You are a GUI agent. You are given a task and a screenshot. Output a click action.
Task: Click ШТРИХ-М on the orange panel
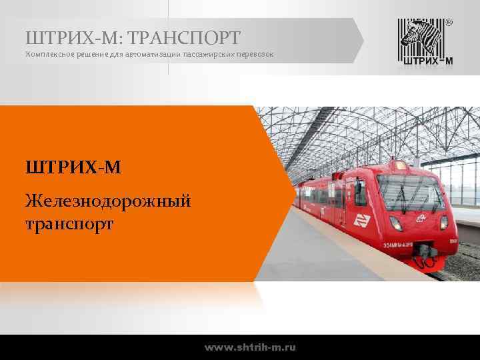tap(73, 165)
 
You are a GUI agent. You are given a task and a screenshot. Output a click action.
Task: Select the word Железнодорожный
tap(107, 199)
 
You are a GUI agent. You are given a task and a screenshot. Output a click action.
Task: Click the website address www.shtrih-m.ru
tap(251, 347)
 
